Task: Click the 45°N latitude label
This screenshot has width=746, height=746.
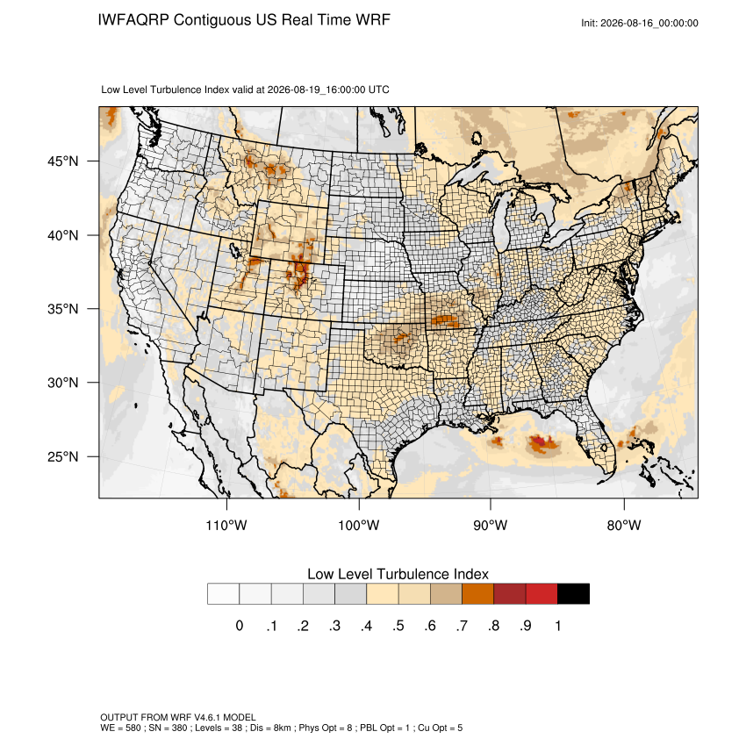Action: [62, 161]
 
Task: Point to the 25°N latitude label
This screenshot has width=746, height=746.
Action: [62, 456]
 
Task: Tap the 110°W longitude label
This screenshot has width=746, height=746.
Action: [226, 525]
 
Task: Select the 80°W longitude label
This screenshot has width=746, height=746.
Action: [624, 525]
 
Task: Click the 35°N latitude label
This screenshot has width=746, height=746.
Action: [62, 309]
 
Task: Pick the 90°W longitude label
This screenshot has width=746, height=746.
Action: [490, 525]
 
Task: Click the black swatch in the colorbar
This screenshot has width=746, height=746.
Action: [573, 594]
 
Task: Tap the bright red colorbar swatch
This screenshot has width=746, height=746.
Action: [542, 594]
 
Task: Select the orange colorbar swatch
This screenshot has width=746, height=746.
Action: [477, 594]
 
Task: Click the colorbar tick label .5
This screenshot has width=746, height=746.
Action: [398, 626]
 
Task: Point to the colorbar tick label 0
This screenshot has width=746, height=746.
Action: [240, 626]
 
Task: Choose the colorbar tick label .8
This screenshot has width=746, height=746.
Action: [493, 626]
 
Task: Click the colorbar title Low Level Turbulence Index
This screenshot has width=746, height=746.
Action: [398, 574]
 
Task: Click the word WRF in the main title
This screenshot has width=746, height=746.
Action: [374, 20]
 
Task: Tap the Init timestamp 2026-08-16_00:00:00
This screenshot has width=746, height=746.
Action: [649, 24]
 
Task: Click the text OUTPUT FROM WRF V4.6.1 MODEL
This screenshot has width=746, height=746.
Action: [178, 717]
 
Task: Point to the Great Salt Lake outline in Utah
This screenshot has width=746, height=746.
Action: [234, 249]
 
